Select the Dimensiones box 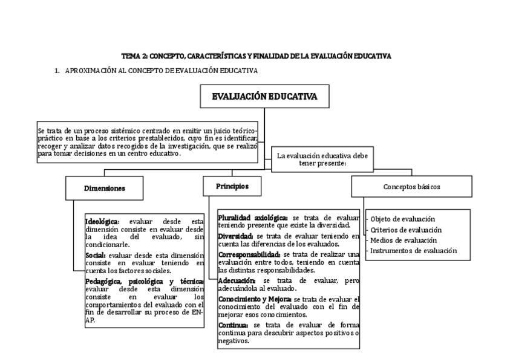click(x=104, y=188)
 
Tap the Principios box click(x=232, y=186)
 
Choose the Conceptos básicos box click(x=411, y=187)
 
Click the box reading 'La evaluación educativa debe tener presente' click(x=322, y=160)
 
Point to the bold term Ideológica click(x=102, y=221)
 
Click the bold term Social click(x=96, y=256)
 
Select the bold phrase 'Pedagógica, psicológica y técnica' click(x=144, y=282)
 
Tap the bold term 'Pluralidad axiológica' click(x=253, y=217)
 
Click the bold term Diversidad click(x=236, y=235)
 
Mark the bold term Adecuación click(x=237, y=281)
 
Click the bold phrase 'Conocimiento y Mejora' click(x=254, y=300)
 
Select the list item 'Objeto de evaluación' click(x=402, y=219)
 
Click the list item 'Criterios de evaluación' click(x=405, y=230)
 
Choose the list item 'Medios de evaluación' click(x=403, y=240)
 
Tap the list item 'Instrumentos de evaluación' click(x=413, y=250)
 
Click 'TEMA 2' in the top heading click(x=134, y=56)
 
